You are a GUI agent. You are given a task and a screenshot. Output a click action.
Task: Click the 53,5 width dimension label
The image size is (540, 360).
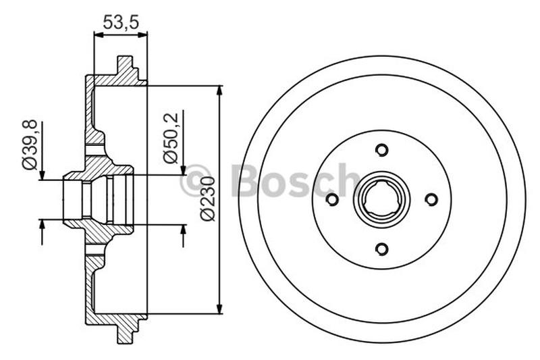coord(120,22)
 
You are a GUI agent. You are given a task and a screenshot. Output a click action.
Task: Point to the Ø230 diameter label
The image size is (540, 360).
coord(208,199)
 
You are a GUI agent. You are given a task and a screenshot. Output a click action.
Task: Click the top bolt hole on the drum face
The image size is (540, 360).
coord(381,150)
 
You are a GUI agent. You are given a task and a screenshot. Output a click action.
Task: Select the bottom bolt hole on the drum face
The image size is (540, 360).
coord(381,249)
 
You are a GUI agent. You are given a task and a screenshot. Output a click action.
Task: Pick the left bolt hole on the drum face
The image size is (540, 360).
coord(331,199)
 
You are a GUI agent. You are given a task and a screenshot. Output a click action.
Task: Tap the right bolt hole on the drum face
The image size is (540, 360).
coord(431,199)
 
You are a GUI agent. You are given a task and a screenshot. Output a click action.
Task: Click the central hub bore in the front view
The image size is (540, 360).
coord(381,199)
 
